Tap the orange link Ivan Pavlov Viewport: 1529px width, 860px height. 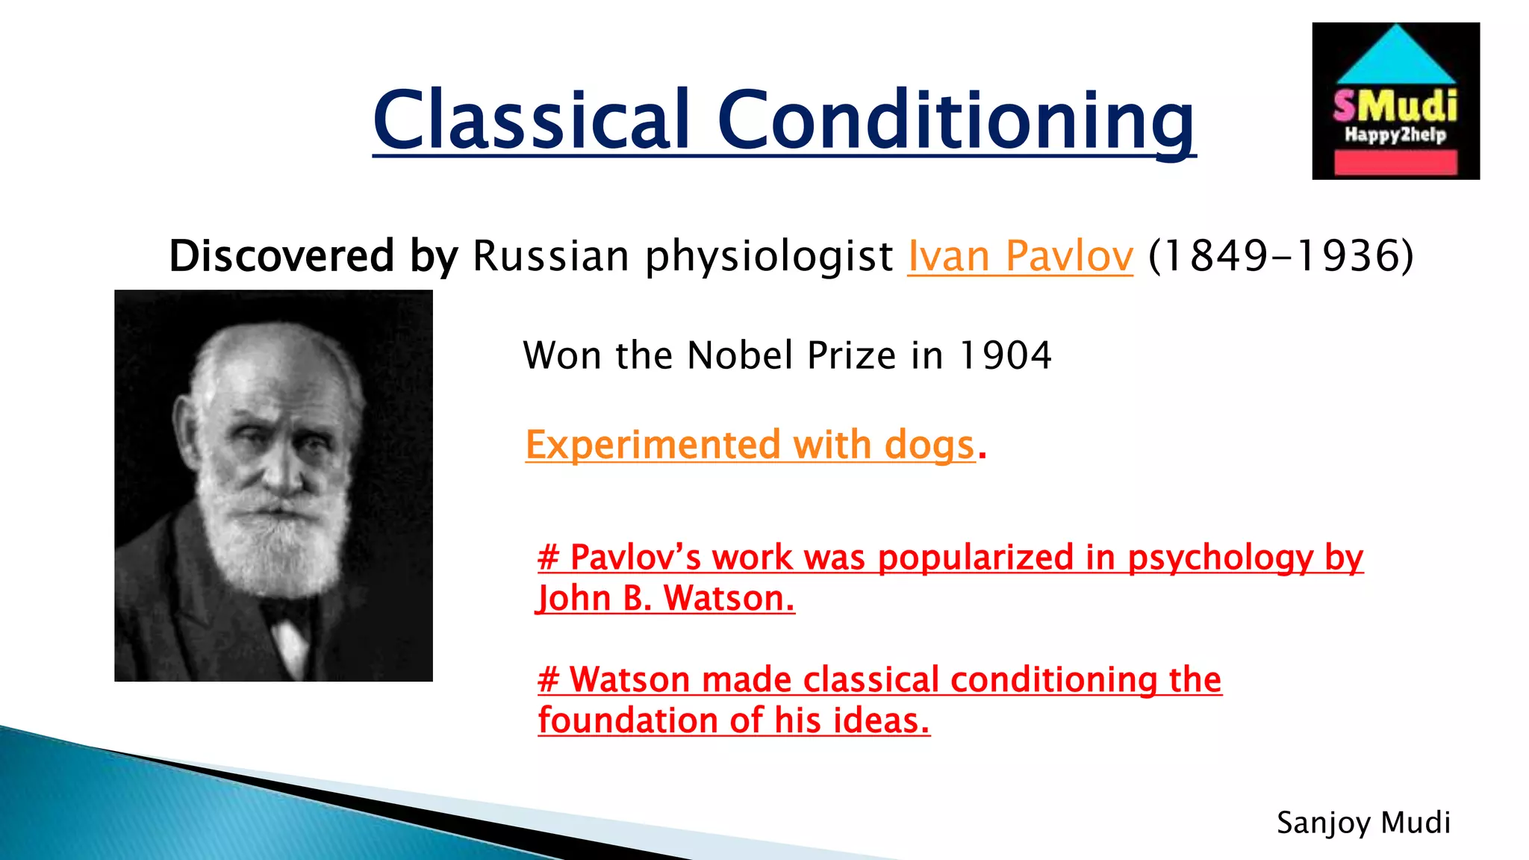tap(1020, 256)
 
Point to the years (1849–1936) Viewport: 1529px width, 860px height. tap(1280, 256)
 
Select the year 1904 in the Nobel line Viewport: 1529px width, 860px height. tap(1005, 355)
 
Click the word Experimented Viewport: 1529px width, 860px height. tap(653, 445)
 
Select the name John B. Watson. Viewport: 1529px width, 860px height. tap(666, 599)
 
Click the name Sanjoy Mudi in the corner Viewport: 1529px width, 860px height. tap(1363, 823)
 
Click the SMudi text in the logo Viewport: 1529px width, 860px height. tap(1395, 106)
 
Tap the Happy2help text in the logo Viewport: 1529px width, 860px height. tap(1395, 135)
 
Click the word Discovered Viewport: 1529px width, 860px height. tap(281, 256)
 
